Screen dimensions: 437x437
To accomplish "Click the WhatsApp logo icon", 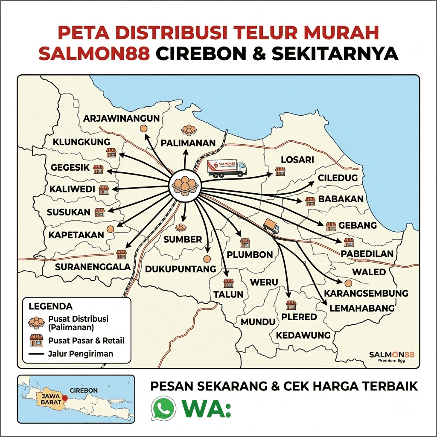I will pos(163,408).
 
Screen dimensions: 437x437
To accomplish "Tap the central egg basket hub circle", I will pos(185,184).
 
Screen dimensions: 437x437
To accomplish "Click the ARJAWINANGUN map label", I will pos(121,118).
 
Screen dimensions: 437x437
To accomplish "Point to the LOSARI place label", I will pos(297,160).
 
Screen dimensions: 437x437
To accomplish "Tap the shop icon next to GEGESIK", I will pos(99,169).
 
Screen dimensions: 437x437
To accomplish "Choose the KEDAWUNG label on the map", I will pos(303,335).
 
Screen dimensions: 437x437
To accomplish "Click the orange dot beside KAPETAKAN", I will pos(111,229).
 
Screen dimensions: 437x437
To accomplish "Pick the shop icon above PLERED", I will pos(291,305).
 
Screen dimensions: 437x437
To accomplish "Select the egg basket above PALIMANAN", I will pos(189,130).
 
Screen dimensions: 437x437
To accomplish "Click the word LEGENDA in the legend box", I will pos(50,306).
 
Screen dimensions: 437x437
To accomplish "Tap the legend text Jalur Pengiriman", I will pos(81,354).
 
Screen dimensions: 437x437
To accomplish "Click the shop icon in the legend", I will pos(36,340).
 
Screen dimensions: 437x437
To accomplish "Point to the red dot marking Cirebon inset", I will pos(64,398).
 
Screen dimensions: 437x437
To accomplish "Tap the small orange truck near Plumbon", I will pos(271,226).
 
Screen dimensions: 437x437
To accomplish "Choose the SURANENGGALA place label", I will pos(93,267).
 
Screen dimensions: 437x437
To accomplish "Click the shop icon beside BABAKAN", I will pos(310,201).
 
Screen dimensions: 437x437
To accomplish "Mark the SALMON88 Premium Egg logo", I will pos(392,356).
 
